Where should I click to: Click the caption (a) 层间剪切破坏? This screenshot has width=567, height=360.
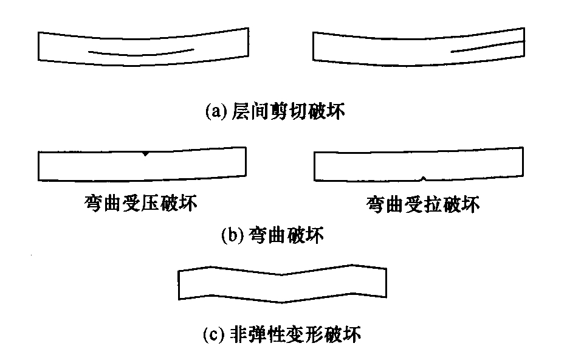pyautogui.click(x=275, y=111)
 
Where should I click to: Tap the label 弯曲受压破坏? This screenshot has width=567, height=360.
pyautogui.click(x=140, y=203)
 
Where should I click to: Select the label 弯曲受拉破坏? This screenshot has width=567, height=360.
pyautogui.click(x=423, y=204)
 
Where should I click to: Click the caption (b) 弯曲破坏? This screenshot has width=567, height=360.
pyautogui.click(x=272, y=235)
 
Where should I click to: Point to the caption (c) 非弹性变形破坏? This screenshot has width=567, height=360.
pyautogui.click(x=282, y=334)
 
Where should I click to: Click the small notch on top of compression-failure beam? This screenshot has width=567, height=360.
pyautogui.click(x=145, y=154)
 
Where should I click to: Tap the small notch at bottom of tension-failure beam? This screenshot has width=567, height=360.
pyautogui.click(x=423, y=178)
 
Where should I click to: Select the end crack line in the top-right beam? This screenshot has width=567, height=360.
pyautogui.click(x=487, y=46)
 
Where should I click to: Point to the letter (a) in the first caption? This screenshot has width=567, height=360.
pyautogui.click(x=213, y=111)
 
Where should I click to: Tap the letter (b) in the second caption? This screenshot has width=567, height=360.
pyautogui.click(x=229, y=235)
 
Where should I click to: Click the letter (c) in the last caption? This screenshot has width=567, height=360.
pyautogui.click(x=211, y=335)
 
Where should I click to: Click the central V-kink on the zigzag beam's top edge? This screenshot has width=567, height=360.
pyautogui.click(x=282, y=275)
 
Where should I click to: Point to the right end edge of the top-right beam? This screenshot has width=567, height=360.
pyautogui.click(x=524, y=42)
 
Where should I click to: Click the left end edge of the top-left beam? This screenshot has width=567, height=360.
pyautogui.click(x=38, y=46)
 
